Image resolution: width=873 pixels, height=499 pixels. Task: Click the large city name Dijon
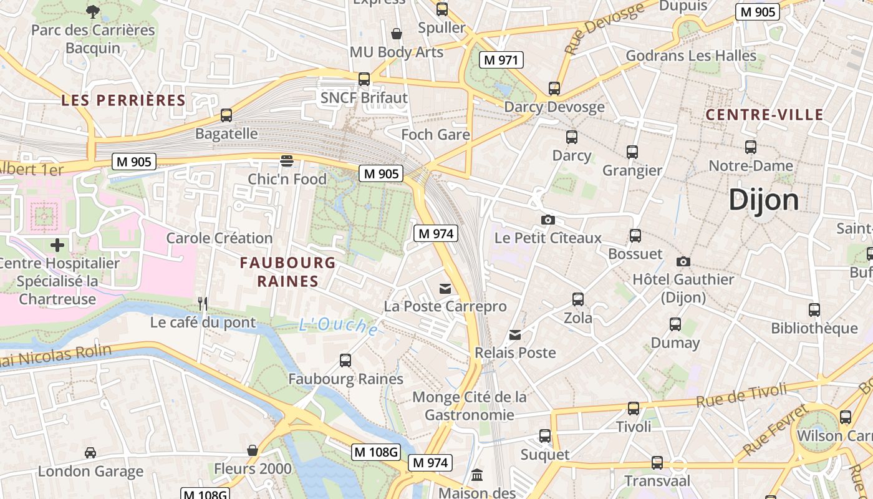[763, 200]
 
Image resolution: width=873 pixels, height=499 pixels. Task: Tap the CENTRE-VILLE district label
[764, 115]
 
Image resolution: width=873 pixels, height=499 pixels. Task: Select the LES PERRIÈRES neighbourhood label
[123, 100]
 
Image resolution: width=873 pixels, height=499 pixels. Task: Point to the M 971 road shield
[501, 60]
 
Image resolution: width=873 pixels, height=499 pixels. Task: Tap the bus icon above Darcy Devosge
[554, 89]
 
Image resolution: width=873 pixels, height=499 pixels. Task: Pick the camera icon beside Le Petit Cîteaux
[548, 220]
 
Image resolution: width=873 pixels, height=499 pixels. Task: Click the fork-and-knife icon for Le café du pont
[203, 304]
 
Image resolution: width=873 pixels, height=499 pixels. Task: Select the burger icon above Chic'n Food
[287, 161]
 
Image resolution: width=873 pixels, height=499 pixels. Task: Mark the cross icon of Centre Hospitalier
[57, 245]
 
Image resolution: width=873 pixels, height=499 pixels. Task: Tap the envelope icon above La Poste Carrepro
[445, 288]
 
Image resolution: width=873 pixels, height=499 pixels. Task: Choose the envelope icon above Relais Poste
[515, 335]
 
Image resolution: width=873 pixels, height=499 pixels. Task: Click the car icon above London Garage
[90, 452]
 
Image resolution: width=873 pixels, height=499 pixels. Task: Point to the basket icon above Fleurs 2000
[253, 450]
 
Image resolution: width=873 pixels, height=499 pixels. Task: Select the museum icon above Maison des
[477, 475]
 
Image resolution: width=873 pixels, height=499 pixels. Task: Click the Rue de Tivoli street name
[741, 395]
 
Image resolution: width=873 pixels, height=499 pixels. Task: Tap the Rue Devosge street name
[604, 28]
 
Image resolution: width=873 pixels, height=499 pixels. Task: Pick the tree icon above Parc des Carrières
[93, 11]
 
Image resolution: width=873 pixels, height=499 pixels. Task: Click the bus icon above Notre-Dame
[751, 147]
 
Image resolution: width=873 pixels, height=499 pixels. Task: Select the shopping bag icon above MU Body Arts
[396, 33]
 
